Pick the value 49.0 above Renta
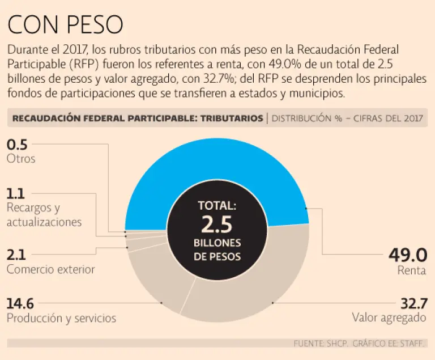click(407, 255)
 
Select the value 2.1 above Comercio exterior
click(16, 255)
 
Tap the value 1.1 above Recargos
click(15, 193)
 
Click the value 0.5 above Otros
click(16, 145)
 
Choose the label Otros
click(21, 159)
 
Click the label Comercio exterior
click(50, 269)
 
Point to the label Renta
click(411, 270)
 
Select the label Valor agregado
click(389, 317)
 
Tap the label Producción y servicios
click(61, 317)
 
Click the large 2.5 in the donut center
click(217, 225)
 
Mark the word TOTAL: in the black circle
click(217, 205)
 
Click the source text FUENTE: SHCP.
click(320, 344)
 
